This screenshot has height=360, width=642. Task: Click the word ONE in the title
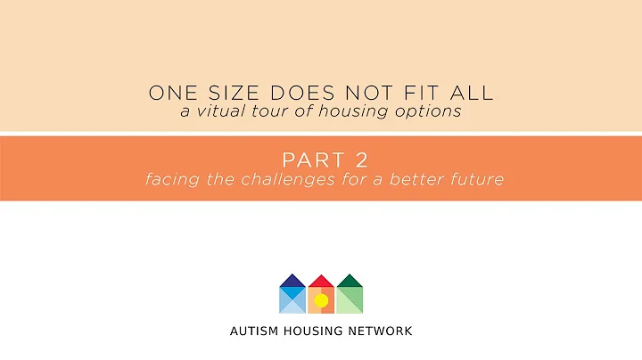point(168,92)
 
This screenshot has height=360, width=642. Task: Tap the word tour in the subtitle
point(261,111)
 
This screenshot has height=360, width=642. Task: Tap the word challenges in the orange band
point(286,179)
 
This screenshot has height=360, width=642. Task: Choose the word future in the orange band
point(479,179)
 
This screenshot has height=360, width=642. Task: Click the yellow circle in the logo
point(321,300)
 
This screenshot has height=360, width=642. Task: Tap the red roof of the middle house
point(321,281)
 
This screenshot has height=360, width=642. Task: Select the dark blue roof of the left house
point(292,281)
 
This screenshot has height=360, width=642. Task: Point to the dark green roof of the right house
point(350,281)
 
